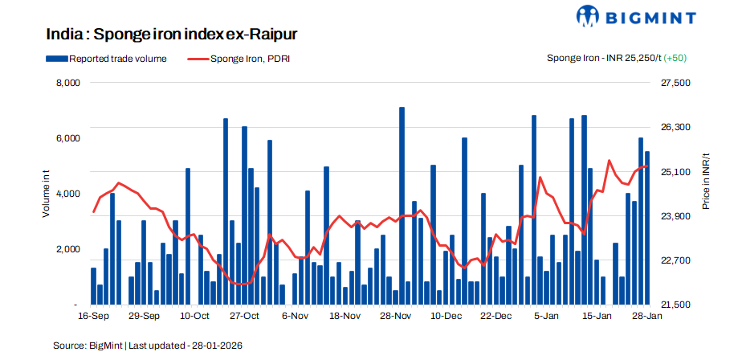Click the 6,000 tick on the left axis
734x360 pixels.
tap(66, 138)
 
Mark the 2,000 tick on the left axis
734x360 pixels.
tap(66, 249)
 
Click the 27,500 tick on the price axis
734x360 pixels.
tap(675, 83)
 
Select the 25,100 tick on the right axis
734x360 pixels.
tap(675, 172)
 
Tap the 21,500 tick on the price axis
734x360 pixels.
tap(675, 305)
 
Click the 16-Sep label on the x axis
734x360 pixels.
tap(94, 317)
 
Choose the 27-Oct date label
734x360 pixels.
tap(245, 317)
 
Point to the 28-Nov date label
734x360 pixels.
tap(396, 317)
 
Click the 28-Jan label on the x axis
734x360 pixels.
tap(647, 317)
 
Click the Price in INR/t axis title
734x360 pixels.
tap(706, 181)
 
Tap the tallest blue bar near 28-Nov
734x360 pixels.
tap(402, 206)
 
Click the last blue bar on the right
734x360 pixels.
tap(647, 228)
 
